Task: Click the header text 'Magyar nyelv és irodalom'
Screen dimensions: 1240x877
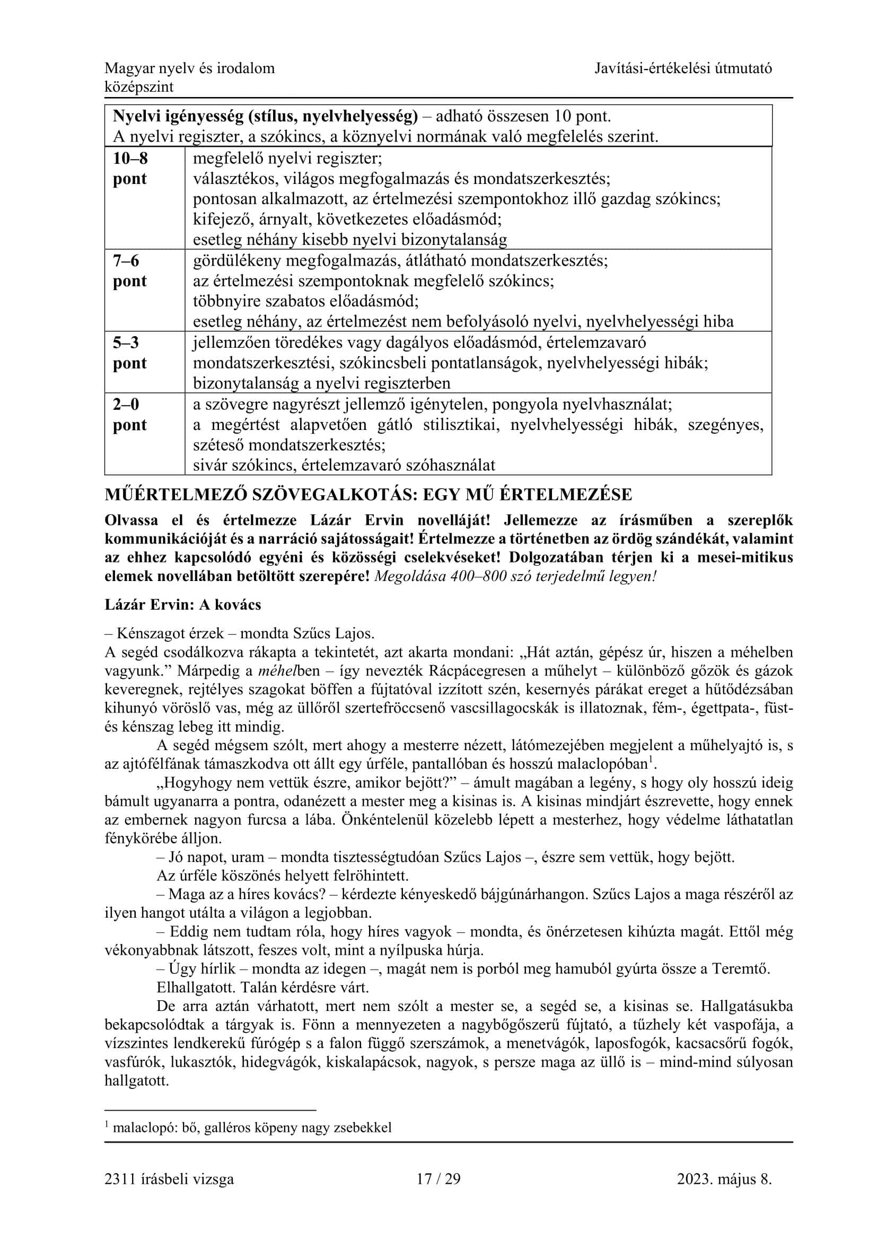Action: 189,68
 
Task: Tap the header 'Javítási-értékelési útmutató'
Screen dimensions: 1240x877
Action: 683,68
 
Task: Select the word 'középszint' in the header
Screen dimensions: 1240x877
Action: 139,87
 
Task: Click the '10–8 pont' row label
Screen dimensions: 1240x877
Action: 130,169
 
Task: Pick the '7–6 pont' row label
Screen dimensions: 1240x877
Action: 129,270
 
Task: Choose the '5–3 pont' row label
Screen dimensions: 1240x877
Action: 129,353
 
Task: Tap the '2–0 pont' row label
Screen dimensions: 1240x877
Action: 129,414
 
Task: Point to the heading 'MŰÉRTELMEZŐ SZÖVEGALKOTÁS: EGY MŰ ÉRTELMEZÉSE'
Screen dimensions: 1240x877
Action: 369,495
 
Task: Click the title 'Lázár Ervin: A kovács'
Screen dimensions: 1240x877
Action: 182,604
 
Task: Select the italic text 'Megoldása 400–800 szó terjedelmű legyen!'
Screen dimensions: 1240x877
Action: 515,576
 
